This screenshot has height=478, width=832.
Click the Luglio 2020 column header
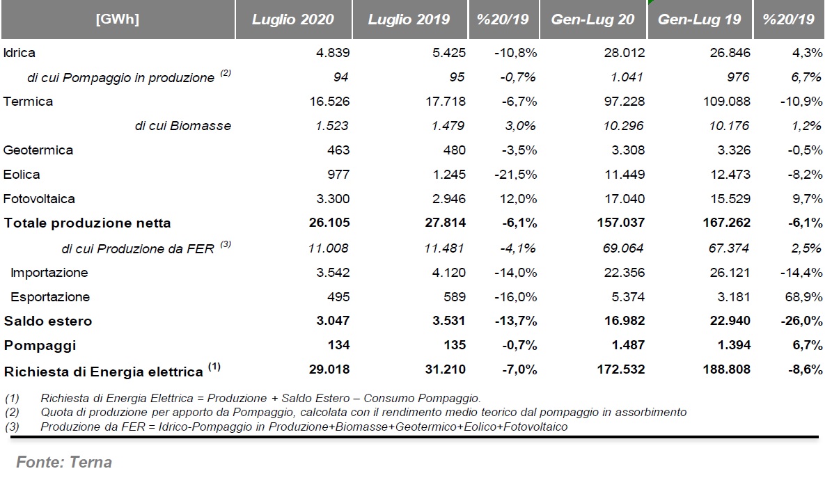(x=293, y=19)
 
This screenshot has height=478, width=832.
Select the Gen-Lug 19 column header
(x=699, y=19)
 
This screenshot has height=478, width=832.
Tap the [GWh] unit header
(x=117, y=19)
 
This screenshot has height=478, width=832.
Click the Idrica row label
(x=19, y=52)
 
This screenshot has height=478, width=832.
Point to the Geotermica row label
(x=38, y=150)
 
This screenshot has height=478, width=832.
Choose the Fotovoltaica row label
(x=39, y=199)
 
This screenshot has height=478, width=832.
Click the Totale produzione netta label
(x=88, y=223)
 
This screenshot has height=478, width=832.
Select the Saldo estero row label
(x=48, y=321)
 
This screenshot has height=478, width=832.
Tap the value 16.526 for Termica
(x=329, y=102)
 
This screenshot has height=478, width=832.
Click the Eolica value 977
(x=338, y=175)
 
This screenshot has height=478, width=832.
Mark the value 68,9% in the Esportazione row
(x=804, y=296)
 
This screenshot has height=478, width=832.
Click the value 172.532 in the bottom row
(x=621, y=369)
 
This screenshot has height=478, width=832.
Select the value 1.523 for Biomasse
(x=332, y=126)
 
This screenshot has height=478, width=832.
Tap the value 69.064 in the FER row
(x=623, y=248)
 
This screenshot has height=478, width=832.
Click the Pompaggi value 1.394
(x=735, y=345)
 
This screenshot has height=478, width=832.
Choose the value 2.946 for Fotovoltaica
(x=449, y=199)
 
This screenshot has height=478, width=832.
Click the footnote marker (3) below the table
(x=12, y=427)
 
